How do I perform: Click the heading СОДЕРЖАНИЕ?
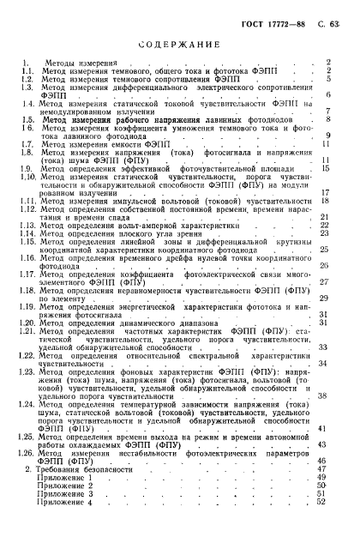pyautogui.click(x=179, y=43)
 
